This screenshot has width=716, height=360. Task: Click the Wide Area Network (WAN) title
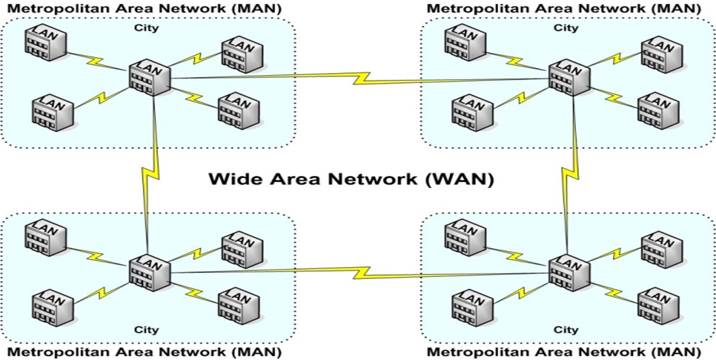pyautogui.click(x=351, y=179)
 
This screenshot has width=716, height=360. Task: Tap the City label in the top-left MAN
pyautogui.click(x=147, y=28)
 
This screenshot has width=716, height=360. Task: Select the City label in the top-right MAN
pyautogui.click(x=566, y=28)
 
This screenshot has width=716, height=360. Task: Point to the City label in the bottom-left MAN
pyautogui.click(x=147, y=330)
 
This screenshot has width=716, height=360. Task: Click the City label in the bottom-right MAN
pyautogui.click(x=566, y=330)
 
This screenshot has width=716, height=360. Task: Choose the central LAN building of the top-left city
pyautogui.click(x=150, y=77)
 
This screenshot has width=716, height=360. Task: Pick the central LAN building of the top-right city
pyautogui.click(x=569, y=77)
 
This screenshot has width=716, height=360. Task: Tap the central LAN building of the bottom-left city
pyautogui.click(x=150, y=273)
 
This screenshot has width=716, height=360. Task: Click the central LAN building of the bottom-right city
pyautogui.click(x=569, y=273)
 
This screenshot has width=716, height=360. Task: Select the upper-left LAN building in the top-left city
pyautogui.click(x=46, y=42)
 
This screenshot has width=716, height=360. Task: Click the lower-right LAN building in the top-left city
pyautogui.click(x=239, y=111)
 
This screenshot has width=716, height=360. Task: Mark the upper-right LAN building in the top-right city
pyautogui.click(x=662, y=55)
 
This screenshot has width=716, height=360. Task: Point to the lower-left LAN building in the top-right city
pyautogui.click(x=473, y=113)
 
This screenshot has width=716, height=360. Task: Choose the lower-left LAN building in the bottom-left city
pyautogui.click(x=53, y=308)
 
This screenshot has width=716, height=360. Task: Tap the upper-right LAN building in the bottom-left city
pyautogui.click(x=242, y=250)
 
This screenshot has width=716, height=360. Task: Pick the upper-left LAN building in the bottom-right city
pyautogui.click(x=466, y=237)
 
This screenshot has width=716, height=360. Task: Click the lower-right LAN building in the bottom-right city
pyautogui.click(x=659, y=306)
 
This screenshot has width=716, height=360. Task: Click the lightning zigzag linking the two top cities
pyautogui.click(x=361, y=79)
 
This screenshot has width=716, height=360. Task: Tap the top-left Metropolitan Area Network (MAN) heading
pyautogui.click(x=144, y=9)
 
